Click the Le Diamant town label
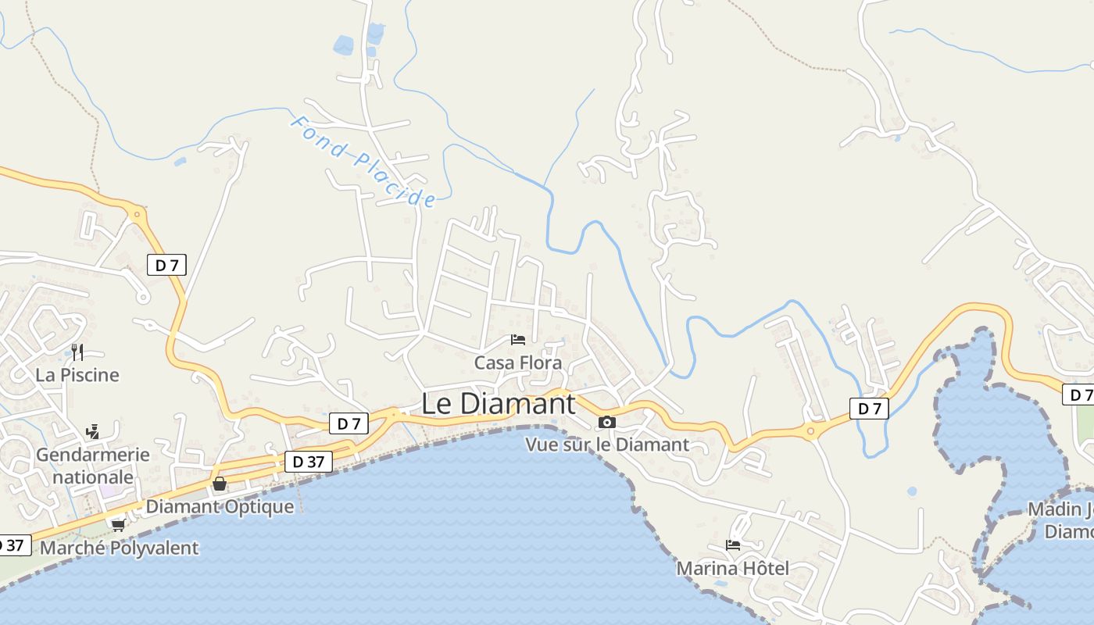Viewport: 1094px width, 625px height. (x=499, y=404)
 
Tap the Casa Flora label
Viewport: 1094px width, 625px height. (x=518, y=363)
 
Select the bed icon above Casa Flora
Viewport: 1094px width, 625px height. (x=517, y=339)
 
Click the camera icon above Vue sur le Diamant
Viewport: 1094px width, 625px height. (x=606, y=423)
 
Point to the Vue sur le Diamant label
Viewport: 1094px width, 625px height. (x=607, y=445)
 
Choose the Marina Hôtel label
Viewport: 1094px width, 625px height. (x=732, y=568)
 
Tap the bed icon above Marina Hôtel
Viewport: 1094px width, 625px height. (x=732, y=545)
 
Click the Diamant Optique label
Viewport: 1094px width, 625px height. (x=220, y=506)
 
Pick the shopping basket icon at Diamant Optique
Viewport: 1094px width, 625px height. (x=220, y=484)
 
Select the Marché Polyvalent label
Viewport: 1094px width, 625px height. (x=119, y=548)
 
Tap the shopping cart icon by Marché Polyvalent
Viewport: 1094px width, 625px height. (x=119, y=525)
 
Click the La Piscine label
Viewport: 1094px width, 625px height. (x=77, y=375)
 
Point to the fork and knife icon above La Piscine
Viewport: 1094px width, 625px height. (x=77, y=352)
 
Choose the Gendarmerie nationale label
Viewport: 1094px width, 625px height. (x=93, y=466)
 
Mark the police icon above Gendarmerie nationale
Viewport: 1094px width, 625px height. (x=92, y=431)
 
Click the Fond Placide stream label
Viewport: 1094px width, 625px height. (x=363, y=162)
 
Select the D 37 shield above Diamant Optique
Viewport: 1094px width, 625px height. (x=308, y=462)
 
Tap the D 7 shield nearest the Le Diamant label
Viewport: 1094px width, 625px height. (x=349, y=423)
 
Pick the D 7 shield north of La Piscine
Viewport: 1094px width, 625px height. (x=166, y=265)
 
